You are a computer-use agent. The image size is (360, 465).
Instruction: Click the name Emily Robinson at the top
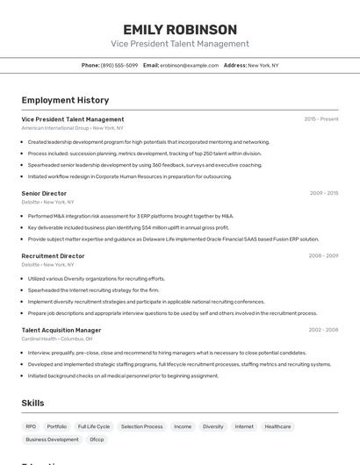tap(180, 29)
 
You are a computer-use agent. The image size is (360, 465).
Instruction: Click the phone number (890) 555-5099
tap(119, 65)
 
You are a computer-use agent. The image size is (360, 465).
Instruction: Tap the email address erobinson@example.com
tap(189, 65)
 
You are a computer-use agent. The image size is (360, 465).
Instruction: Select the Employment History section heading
tap(65, 100)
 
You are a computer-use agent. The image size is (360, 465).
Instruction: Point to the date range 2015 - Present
tap(320, 118)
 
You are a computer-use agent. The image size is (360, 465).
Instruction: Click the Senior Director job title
tap(44, 192)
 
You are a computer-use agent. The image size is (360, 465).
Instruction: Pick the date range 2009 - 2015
tap(324, 192)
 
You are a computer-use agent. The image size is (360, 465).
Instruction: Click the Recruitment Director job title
tap(53, 256)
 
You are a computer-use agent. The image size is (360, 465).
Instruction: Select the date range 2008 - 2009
tap(323, 256)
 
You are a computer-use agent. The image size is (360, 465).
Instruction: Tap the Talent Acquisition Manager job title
tap(61, 330)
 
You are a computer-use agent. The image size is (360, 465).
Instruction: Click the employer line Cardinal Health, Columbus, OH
tap(57, 339)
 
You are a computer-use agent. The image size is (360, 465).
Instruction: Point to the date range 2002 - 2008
tap(323, 330)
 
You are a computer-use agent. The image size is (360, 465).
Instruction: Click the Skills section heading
tap(33, 403)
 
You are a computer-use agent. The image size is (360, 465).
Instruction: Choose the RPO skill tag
tap(31, 426)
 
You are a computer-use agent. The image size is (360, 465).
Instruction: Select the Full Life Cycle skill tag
tap(94, 426)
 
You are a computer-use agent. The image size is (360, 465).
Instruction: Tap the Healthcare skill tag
tap(277, 426)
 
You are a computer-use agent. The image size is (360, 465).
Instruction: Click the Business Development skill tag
tap(52, 440)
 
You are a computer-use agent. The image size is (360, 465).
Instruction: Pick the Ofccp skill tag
tap(97, 440)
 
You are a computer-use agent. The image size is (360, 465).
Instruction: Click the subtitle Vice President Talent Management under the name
tap(180, 44)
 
